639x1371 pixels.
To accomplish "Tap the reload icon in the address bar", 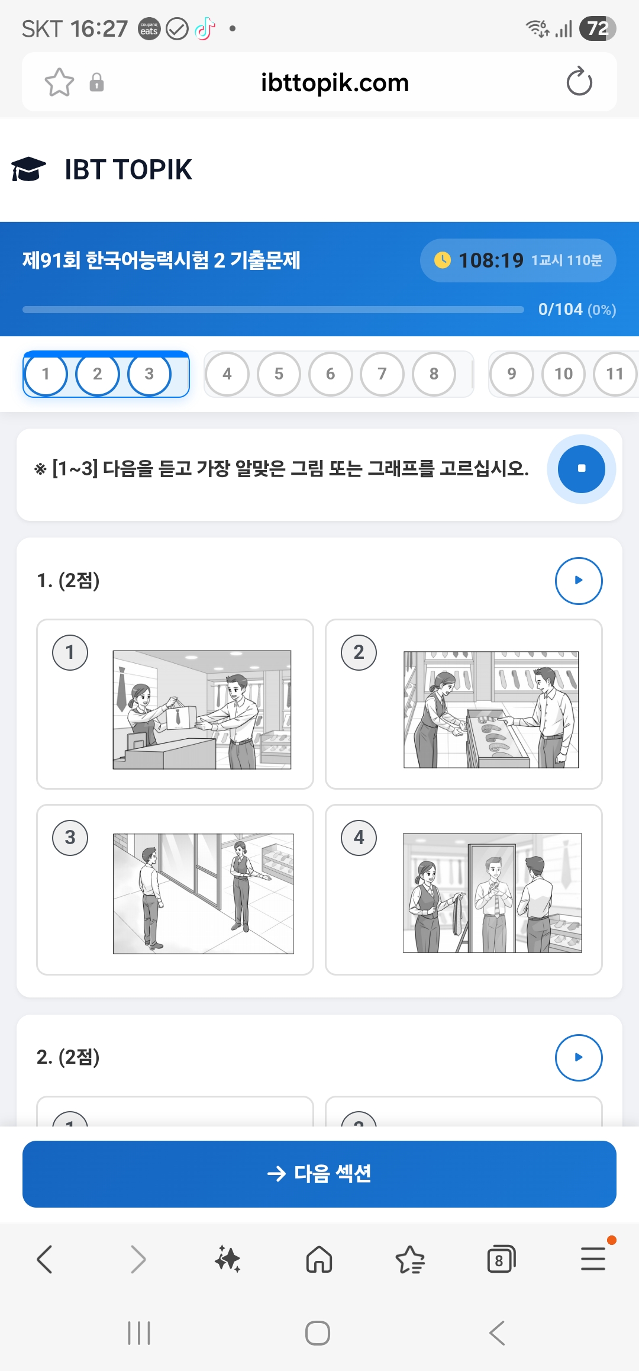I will click(579, 82).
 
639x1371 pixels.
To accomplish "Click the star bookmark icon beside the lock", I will click(59, 82).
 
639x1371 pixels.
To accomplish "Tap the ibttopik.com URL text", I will click(335, 82).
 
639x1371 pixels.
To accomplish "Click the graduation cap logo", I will click(28, 169).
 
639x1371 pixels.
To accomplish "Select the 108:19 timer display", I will click(490, 260).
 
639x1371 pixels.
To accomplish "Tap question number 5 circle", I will click(279, 374).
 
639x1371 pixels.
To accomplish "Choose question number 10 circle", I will click(563, 374).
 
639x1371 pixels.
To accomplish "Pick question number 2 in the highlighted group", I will click(98, 374).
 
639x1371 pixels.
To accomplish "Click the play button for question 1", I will click(578, 581).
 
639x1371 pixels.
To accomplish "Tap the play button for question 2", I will click(578, 1057).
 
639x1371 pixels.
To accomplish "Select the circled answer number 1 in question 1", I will click(70, 652).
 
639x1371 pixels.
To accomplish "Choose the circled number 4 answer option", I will click(359, 838).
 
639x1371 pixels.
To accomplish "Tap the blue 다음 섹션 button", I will click(319, 1174).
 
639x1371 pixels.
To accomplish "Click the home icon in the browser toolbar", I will click(319, 1259).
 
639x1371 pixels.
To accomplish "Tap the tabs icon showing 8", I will click(501, 1260).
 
